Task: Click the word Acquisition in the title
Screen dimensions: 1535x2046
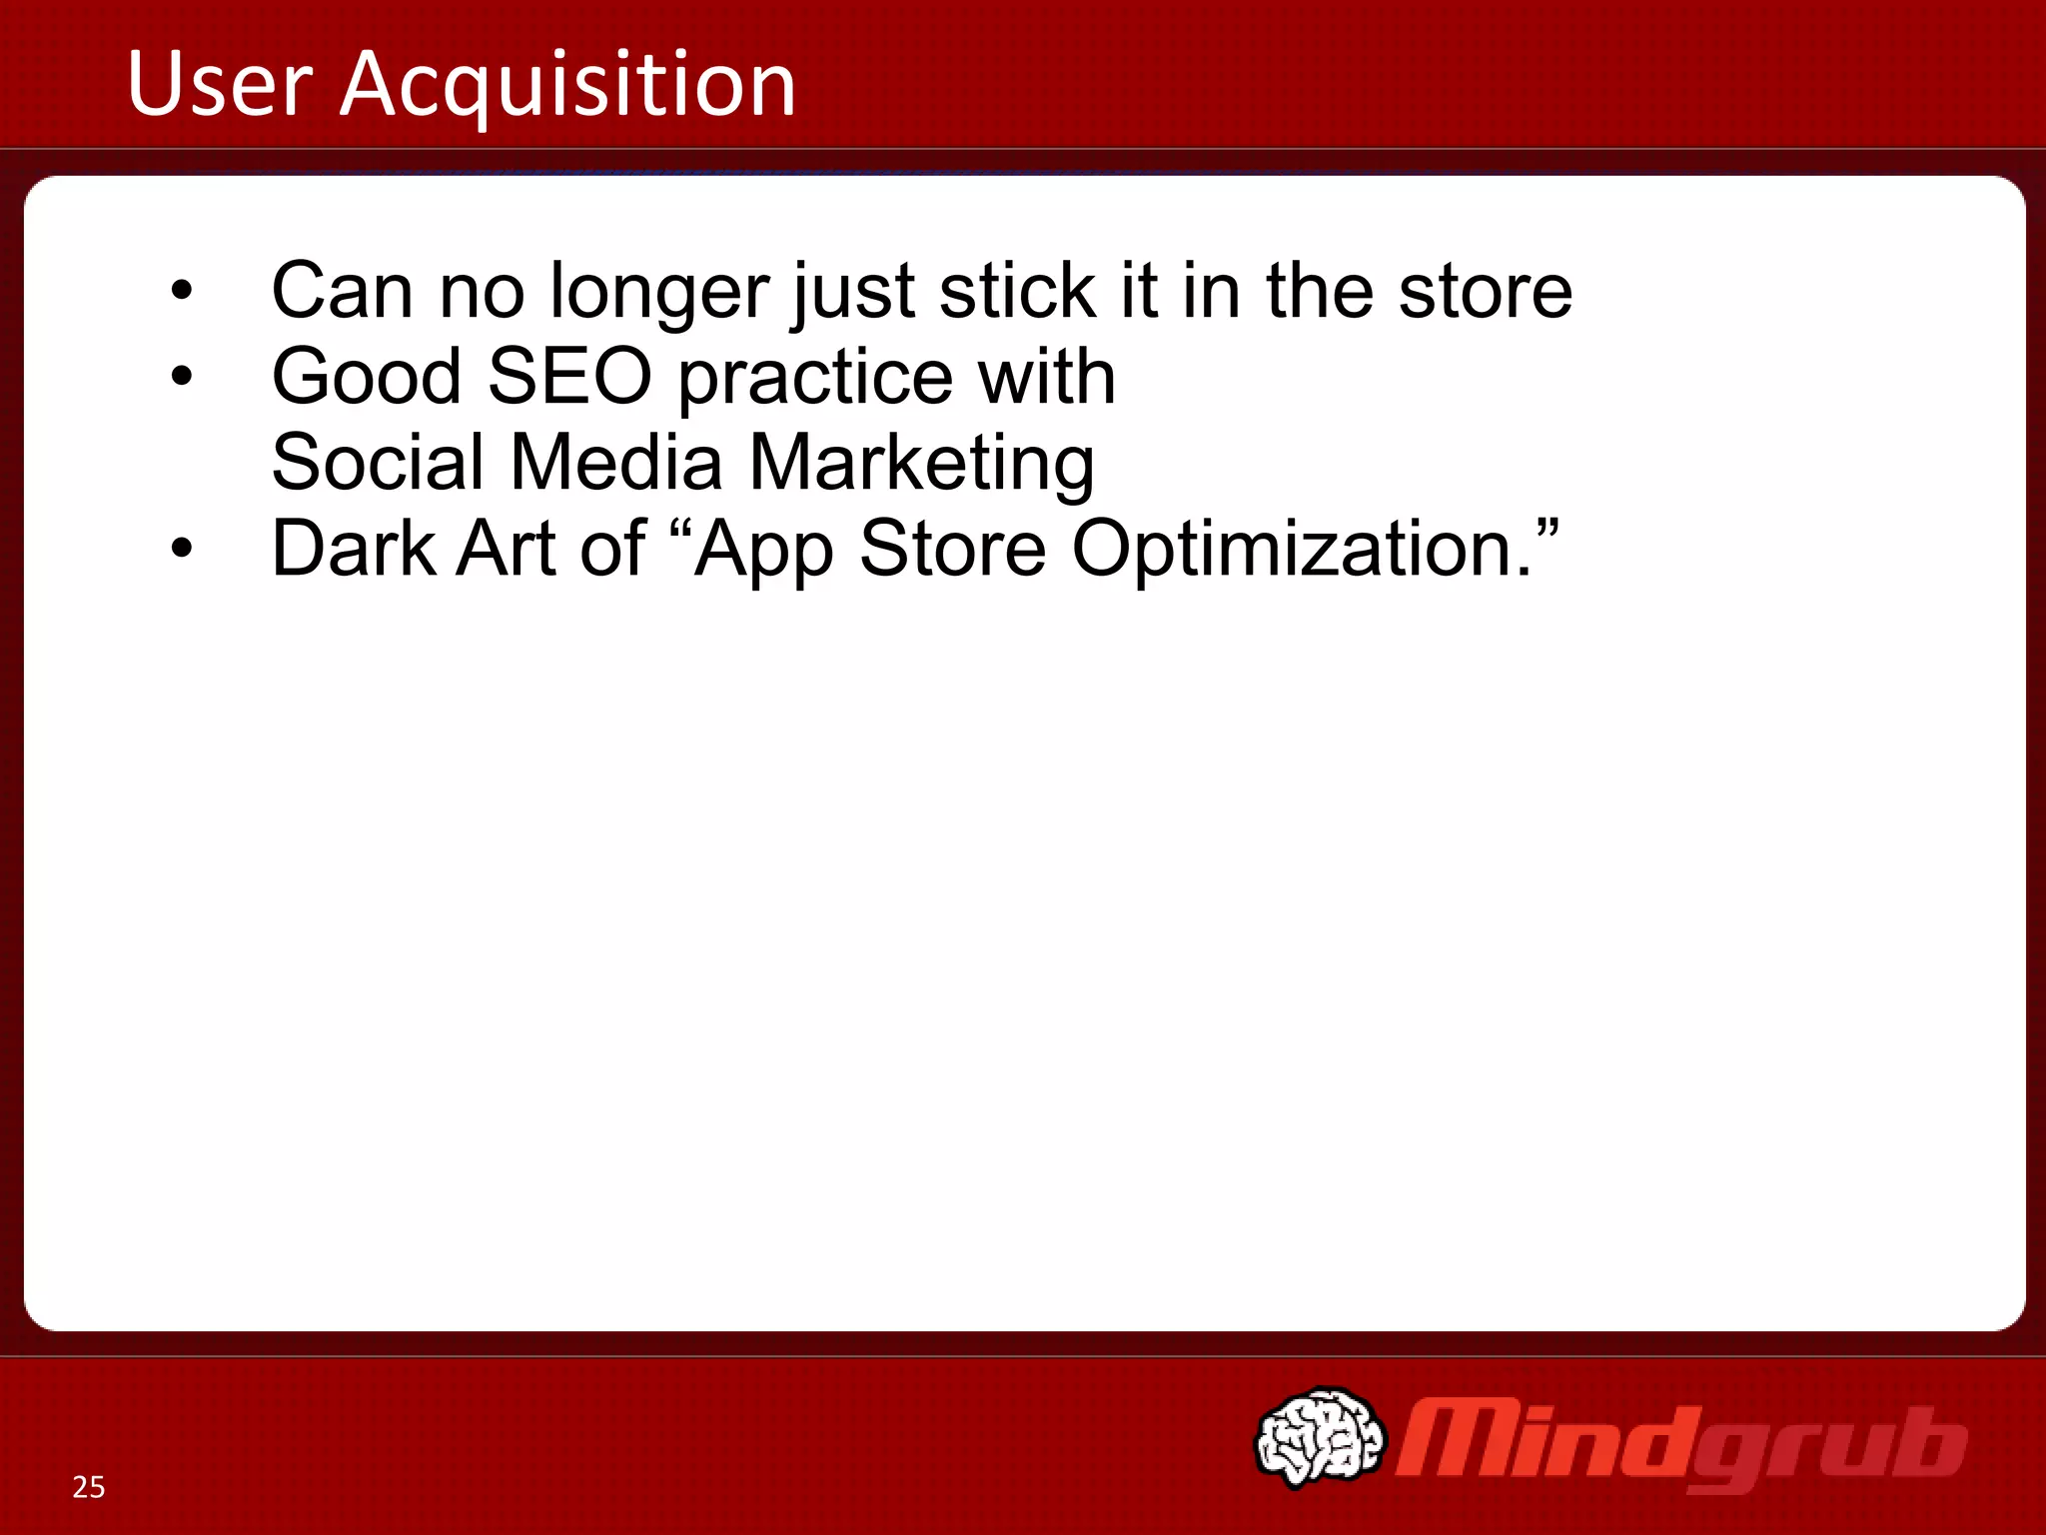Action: [567, 86]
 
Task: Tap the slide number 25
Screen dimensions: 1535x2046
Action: [89, 1487]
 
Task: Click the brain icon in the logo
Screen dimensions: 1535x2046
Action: [1320, 1436]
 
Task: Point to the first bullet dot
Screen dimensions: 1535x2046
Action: [181, 291]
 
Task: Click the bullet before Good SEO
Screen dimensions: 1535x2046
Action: [181, 377]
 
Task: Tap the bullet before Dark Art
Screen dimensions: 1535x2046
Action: [181, 549]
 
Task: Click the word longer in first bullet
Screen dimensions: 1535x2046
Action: [659, 293]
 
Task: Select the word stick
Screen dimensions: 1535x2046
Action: [1017, 291]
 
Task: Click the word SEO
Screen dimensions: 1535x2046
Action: [569, 377]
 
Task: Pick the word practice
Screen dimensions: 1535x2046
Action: [814, 380]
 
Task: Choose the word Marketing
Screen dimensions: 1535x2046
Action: [921, 465]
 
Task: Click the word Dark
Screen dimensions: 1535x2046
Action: [354, 549]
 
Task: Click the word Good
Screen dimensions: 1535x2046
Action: [367, 377]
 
